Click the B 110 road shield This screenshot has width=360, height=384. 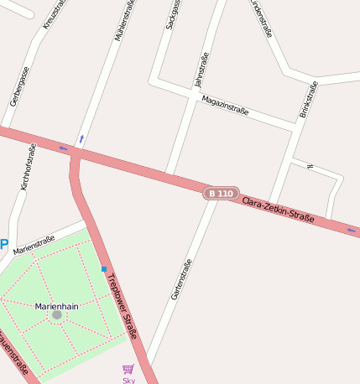(x=221, y=194)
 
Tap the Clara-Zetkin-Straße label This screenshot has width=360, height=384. (x=278, y=210)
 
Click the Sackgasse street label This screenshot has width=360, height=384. (x=173, y=14)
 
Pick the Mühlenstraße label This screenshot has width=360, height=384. (x=123, y=21)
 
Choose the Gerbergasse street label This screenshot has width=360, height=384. (x=19, y=85)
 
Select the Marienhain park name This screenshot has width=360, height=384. (x=56, y=306)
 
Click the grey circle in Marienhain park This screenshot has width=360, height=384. (x=56, y=315)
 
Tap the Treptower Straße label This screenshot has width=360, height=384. (x=121, y=308)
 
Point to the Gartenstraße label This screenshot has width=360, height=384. (x=181, y=278)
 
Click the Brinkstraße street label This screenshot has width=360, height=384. (x=308, y=99)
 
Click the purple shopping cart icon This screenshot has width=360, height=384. (x=128, y=369)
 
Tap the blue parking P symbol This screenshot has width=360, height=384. (x=3, y=245)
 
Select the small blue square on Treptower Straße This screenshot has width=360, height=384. (x=104, y=269)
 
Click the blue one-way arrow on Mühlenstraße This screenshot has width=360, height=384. (x=81, y=138)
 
